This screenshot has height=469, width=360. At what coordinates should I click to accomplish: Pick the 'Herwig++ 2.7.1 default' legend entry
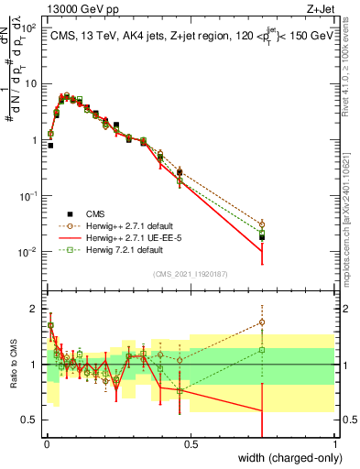[135, 224]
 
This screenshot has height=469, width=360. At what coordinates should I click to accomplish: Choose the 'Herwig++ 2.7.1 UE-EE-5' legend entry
[136, 237]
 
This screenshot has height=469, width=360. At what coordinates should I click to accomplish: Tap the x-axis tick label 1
[334, 443]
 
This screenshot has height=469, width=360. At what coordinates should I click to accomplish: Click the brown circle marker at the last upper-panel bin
[262, 224]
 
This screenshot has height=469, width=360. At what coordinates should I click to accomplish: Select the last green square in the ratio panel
[262, 349]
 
